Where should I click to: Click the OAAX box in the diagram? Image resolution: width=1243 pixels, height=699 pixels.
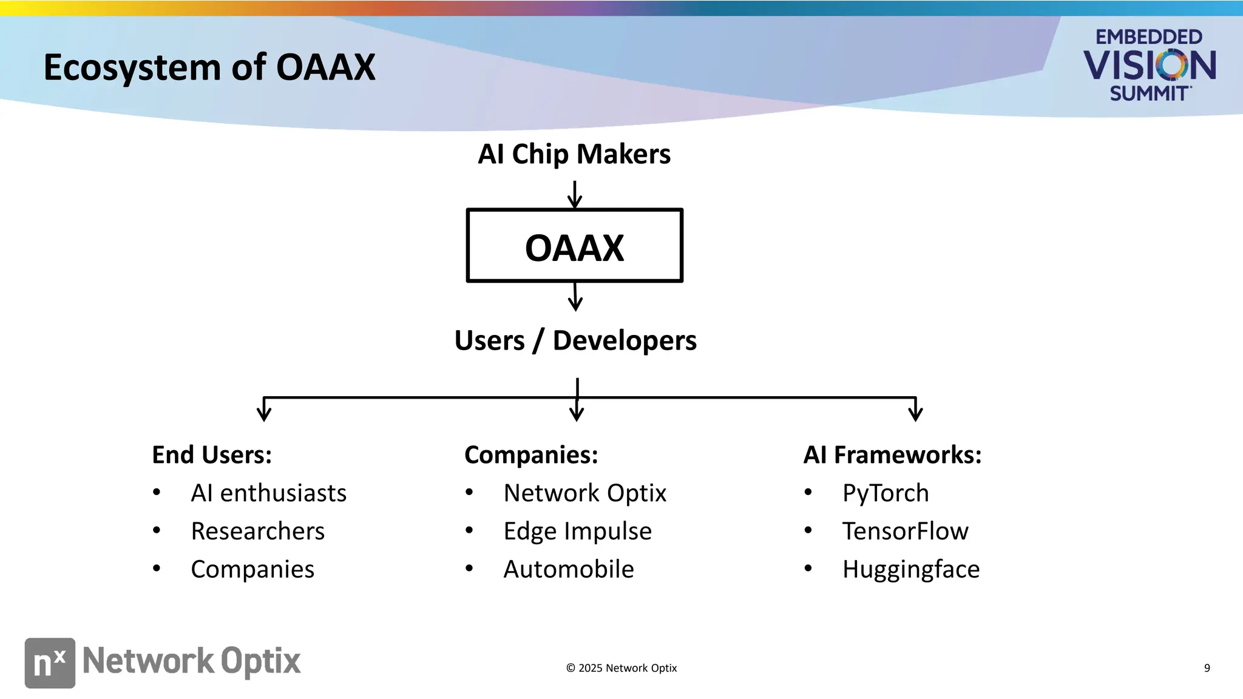tap(574, 246)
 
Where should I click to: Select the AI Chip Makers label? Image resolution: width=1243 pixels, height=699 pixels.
tap(574, 154)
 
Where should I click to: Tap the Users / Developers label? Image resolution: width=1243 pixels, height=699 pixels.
tap(575, 340)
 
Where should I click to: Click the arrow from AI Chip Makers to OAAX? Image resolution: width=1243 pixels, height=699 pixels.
tap(574, 195)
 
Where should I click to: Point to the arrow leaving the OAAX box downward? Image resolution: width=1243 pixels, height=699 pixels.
tap(575, 297)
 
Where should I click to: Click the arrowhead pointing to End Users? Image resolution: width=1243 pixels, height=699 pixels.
tap(264, 412)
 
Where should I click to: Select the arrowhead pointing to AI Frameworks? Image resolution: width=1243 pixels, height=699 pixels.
tap(915, 412)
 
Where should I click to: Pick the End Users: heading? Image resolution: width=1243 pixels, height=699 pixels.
tap(212, 455)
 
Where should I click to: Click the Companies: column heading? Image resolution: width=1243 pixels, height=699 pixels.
tap(531, 455)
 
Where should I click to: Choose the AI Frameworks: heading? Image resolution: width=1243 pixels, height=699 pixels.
tap(892, 455)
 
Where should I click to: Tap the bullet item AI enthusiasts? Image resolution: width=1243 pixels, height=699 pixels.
tap(268, 493)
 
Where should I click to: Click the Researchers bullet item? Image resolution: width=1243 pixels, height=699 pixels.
tap(257, 532)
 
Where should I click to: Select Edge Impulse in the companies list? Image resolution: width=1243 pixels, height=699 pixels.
tap(577, 532)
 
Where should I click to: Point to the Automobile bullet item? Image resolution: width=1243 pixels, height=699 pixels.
tap(569, 570)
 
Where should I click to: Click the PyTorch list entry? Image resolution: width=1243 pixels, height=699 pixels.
tap(886, 493)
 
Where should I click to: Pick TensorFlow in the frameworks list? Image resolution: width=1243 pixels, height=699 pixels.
tap(905, 532)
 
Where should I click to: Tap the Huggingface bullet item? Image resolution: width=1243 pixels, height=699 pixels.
tap(910, 570)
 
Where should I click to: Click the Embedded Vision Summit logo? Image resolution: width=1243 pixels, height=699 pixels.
tap(1149, 65)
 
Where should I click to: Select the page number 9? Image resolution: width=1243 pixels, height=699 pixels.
tap(1207, 668)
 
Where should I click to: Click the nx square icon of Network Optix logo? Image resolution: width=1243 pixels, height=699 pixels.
tap(50, 663)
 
